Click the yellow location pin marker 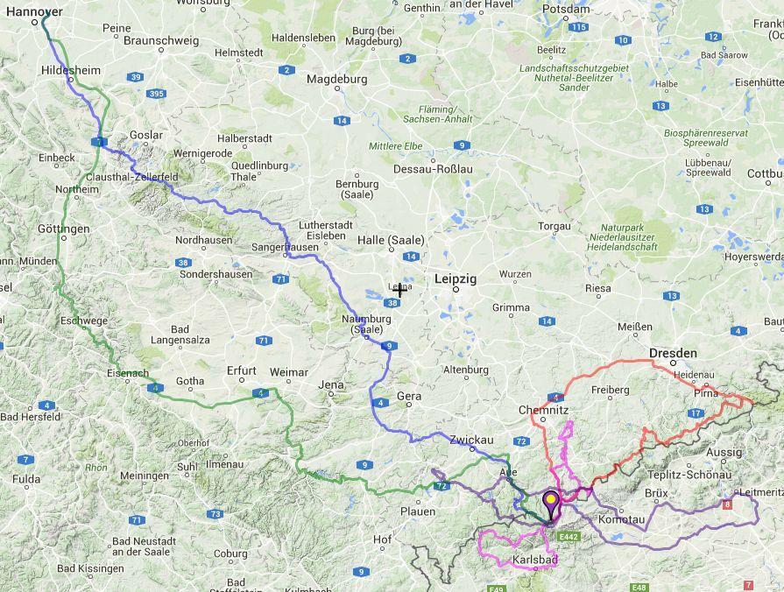pyautogui.click(x=551, y=504)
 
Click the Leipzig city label pyautogui.click(x=456, y=278)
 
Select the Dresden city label pyautogui.click(x=673, y=353)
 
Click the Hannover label pyautogui.click(x=32, y=11)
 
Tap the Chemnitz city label pyautogui.click(x=544, y=409)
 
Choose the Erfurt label pyautogui.click(x=242, y=370)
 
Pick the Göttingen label pyautogui.click(x=64, y=229)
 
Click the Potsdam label pyautogui.click(x=566, y=10)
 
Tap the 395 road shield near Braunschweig pyautogui.click(x=157, y=93)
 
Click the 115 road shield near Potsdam pyautogui.click(x=577, y=27)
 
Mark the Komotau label pyautogui.click(x=621, y=519)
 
